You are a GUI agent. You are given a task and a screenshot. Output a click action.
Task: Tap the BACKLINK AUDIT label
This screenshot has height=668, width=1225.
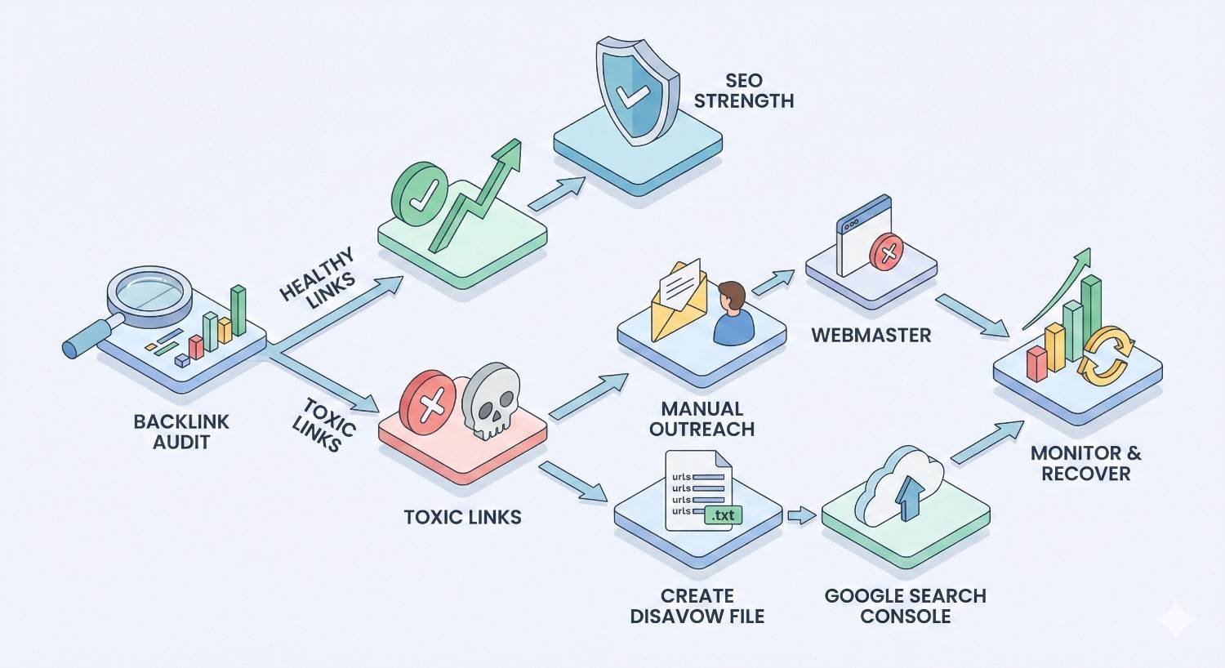[181, 432]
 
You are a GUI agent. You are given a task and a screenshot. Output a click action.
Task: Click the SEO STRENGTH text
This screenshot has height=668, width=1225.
[743, 91]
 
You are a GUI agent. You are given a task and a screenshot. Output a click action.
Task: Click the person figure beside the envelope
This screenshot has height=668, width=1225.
[732, 314]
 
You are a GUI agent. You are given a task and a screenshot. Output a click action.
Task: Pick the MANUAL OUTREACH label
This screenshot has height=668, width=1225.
[702, 419]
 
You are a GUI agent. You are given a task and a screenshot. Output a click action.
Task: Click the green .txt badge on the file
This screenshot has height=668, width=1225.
[723, 515]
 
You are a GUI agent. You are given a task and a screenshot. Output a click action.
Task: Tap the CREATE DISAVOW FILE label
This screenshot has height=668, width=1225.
[697, 606]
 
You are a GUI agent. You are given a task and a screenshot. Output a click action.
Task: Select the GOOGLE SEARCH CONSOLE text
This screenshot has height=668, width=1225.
[905, 606]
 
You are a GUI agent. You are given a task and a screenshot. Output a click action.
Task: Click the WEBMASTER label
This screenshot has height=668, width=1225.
[871, 335]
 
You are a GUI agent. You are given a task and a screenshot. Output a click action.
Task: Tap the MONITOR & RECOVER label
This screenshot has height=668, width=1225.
[1085, 463]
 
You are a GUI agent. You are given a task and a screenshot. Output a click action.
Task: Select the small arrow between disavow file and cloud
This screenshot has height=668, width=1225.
[801, 515]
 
